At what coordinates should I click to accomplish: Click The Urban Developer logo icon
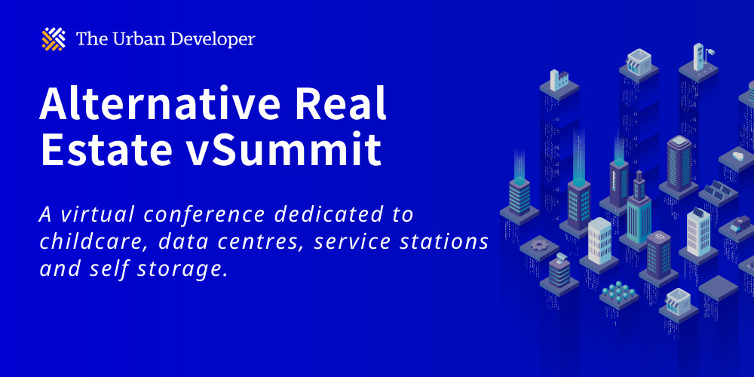point(54,39)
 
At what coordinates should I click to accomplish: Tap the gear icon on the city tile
point(538,244)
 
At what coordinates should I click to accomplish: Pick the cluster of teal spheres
point(618,290)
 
